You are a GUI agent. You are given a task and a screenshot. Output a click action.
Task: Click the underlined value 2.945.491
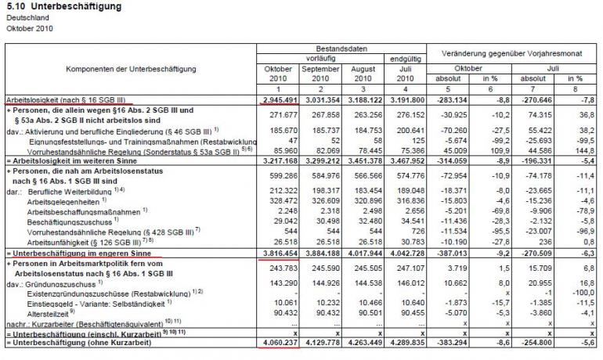click(x=278, y=100)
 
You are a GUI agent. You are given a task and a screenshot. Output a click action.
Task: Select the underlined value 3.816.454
click(x=278, y=254)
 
